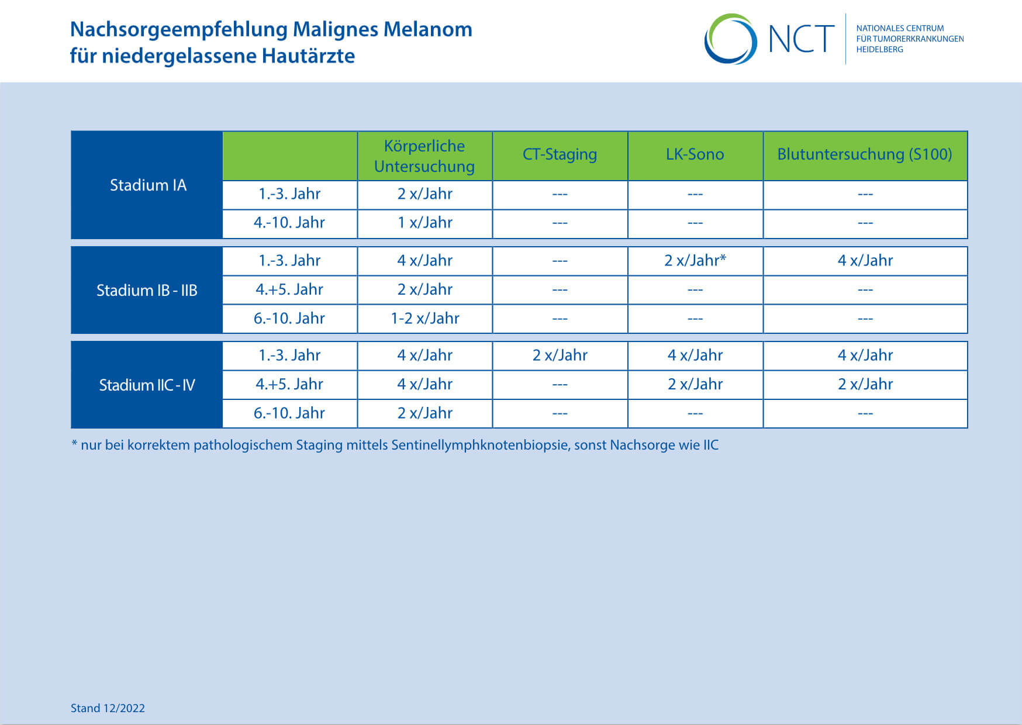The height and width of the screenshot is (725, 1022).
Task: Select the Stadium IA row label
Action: tap(148, 185)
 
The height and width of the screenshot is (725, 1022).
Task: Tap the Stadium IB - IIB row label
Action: tap(147, 290)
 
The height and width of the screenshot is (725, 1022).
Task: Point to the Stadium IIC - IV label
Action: tap(147, 385)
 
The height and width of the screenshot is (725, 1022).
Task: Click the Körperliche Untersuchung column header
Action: tap(424, 156)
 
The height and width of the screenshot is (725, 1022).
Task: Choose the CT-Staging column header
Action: tap(560, 154)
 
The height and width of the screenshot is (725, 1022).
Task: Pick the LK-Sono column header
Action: tap(695, 154)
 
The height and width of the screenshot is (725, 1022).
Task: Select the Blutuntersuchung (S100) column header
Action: tap(865, 154)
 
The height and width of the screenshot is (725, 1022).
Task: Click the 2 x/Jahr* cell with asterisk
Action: tap(695, 260)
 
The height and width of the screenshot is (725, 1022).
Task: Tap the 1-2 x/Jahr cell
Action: tap(425, 318)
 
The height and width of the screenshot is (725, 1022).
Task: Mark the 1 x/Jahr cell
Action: tap(425, 222)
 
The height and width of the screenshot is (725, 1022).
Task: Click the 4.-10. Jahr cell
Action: tap(289, 222)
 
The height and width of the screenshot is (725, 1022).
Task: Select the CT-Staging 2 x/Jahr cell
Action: tap(560, 355)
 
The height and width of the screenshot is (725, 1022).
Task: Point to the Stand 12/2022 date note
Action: tap(108, 708)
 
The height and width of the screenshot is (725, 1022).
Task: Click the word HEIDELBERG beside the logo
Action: tap(880, 50)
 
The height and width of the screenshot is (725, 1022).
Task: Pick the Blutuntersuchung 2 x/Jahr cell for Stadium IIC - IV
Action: tap(865, 384)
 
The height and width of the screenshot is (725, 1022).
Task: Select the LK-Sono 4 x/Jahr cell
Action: tap(695, 355)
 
